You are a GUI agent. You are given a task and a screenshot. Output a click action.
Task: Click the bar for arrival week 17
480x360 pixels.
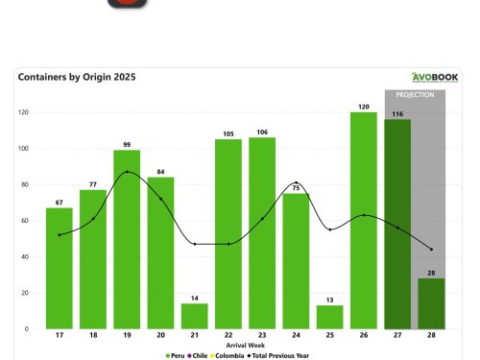pos(59,268)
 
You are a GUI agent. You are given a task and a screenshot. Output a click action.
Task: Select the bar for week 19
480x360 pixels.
pos(127,239)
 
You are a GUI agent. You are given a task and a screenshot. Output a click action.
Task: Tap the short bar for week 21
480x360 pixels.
pos(195,316)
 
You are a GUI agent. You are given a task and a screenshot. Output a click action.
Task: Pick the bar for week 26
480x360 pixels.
pos(364,220)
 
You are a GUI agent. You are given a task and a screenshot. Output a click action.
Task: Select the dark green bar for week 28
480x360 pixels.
pos(431,303)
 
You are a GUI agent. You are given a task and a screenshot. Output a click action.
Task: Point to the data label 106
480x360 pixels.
pos(262,132)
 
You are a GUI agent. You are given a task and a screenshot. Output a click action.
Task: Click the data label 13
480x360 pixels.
pos(330,299)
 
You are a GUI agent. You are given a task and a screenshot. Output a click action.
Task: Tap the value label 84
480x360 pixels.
pos(160,171)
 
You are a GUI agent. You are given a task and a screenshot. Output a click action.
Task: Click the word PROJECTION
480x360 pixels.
pos(415,95)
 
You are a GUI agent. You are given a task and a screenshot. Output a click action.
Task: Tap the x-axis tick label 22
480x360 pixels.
pos(228,336)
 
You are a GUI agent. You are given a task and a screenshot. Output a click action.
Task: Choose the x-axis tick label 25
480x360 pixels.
pos(330,336)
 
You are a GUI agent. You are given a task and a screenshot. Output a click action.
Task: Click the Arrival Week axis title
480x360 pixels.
pos(245,344)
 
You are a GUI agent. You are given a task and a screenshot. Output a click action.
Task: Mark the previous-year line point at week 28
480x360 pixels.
pos(431,250)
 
